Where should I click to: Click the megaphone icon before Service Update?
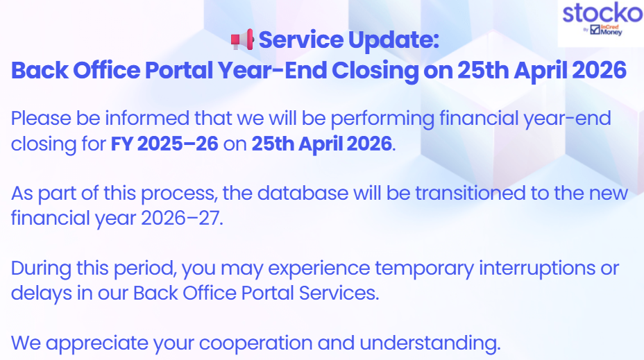pyautogui.click(x=242, y=40)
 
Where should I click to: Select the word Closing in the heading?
pyautogui.click(x=375, y=71)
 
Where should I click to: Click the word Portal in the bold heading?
pyautogui.click(x=179, y=70)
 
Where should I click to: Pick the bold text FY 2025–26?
pyautogui.click(x=164, y=144)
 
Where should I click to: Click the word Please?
pyautogui.click(x=41, y=118)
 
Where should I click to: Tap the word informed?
pyautogui.click(x=147, y=118)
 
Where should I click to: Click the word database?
pyautogui.click(x=303, y=193)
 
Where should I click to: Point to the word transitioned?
pyautogui.click(x=471, y=193)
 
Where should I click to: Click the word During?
pyautogui.click(x=41, y=268)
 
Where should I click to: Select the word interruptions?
pyautogui.click(x=537, y=269)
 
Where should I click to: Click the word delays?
pyautogui.click(x=42, y=293)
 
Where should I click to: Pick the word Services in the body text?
pyautogui.click(x=338, y=293)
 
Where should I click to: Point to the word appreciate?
pyautogui.click(x=97, y=343)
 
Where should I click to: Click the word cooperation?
pyautogui.click(x=255, y=343)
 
